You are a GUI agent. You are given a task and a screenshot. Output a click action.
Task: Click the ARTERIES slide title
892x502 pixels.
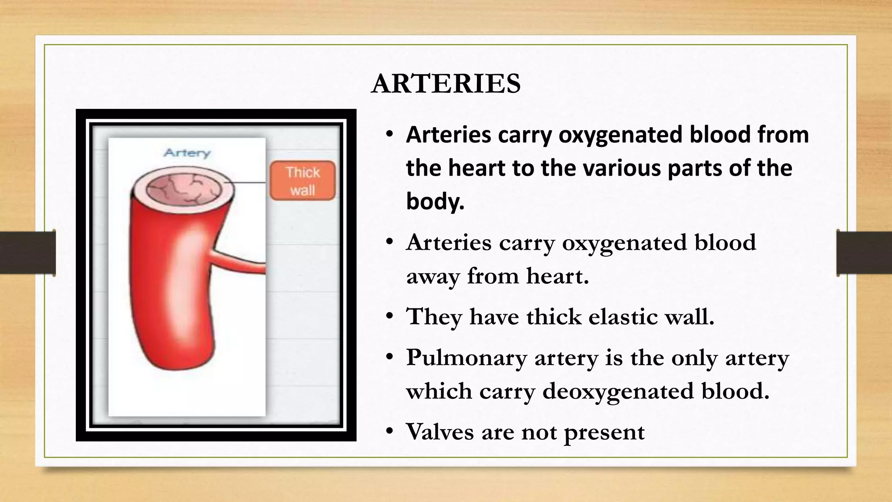pos(446,83)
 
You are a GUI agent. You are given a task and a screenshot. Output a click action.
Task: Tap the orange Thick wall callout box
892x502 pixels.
pos(303,181)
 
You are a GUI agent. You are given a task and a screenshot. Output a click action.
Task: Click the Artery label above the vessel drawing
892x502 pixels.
pos(187,153)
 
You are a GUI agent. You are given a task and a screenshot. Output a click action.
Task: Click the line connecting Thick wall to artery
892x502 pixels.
pos(250,183)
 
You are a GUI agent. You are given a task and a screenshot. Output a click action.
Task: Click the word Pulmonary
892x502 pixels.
pos(466,358)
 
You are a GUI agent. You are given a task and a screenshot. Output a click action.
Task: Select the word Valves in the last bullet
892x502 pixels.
pos(439,432)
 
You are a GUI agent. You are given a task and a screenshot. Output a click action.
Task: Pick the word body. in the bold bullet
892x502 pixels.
pos(435,201)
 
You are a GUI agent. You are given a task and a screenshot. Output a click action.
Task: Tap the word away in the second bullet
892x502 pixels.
pos(433,276)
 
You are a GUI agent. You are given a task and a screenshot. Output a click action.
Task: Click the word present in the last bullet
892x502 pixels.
pos(604,433)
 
